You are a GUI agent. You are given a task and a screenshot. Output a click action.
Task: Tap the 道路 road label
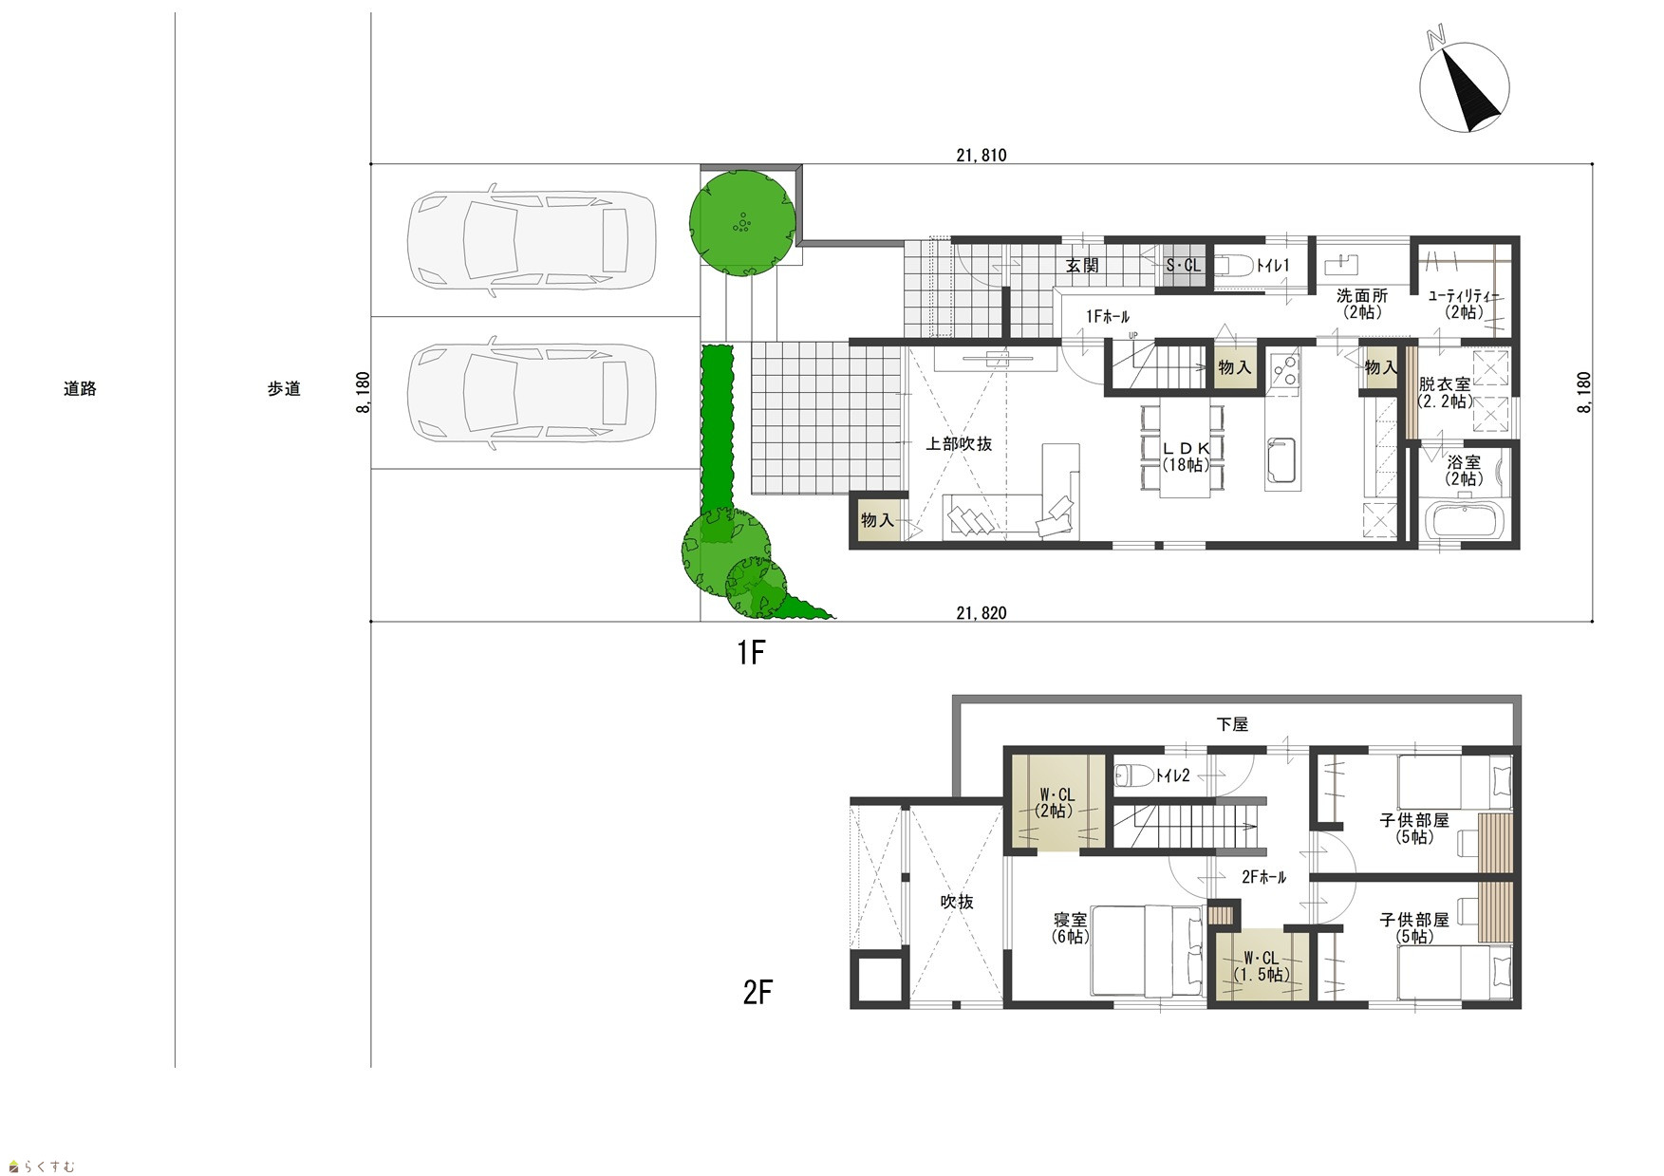coord(80,388)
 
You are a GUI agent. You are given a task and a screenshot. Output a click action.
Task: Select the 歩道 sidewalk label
coord(283,388)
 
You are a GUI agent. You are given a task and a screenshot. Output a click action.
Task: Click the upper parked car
coord(531,239)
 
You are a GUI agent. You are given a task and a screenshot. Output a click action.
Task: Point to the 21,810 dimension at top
coord(981,156)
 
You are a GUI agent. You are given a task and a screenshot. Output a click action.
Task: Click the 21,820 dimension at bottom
coord(981,613)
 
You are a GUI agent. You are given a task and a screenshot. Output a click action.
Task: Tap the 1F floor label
coord(751,653)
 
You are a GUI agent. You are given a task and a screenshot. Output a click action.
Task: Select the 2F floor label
coord(757,993)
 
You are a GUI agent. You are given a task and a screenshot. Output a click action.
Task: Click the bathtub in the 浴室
coord(1467,522)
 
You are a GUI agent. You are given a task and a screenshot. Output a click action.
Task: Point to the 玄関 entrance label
coord(1082,266)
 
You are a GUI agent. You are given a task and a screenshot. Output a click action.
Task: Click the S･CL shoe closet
coord(1183,266)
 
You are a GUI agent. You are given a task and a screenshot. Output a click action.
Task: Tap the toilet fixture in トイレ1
coord(1232,266)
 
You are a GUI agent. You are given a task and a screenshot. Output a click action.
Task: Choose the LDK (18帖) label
coord(1187,457)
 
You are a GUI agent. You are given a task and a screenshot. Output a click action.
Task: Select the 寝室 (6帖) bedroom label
coord(1071,927)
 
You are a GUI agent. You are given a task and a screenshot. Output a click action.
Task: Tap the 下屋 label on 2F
coord(1232,724)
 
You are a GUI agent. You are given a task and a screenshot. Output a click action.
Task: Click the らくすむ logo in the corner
coord(41,1166)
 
